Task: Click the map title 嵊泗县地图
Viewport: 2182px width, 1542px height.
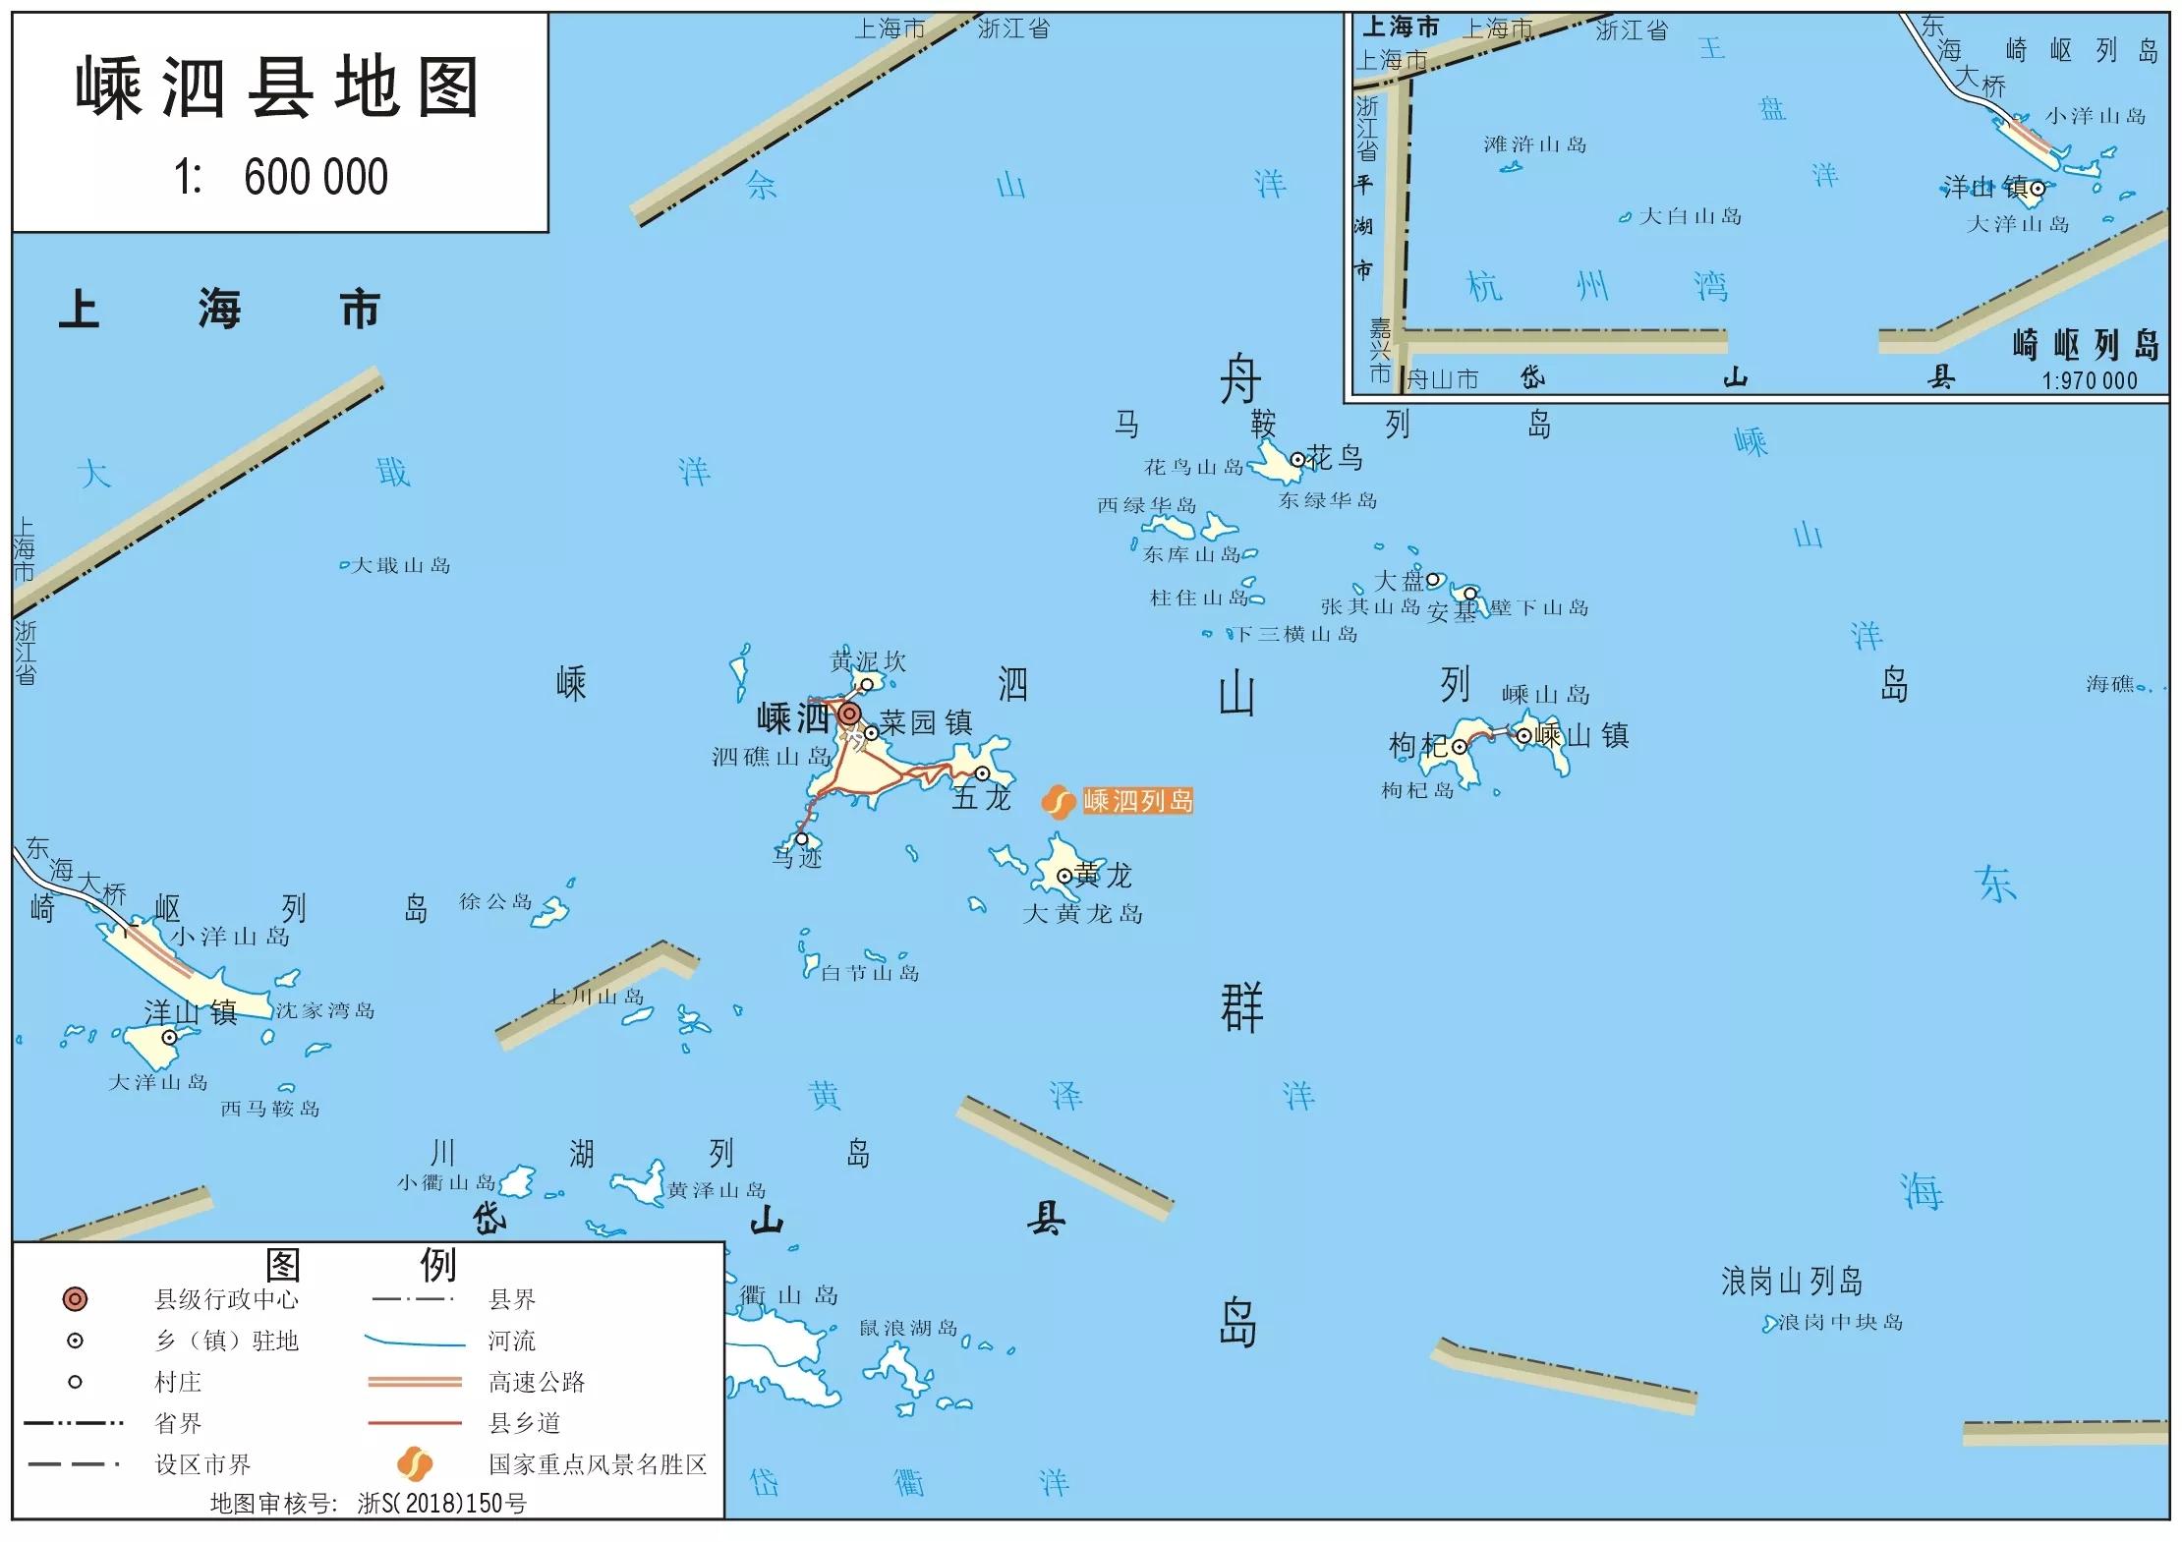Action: pos(278,88)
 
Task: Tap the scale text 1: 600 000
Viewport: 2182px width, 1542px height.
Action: pos(281,178)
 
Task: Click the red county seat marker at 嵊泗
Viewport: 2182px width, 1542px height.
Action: pos(849,714)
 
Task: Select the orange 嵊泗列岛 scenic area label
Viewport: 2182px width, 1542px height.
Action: pos(1137,801)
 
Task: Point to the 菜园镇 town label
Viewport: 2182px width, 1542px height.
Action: pos(925,723)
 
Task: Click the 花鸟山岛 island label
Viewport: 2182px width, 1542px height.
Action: pos(1193,467)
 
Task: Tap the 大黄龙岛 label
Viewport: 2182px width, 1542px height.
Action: pos(1082,914)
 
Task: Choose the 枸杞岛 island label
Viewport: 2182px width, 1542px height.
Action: pos(1417,790)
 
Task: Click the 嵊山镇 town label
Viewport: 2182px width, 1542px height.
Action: pos(1581,735)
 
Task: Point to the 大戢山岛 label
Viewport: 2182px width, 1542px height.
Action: pos(401,566)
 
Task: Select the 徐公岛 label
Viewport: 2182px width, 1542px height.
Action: pos(495,901)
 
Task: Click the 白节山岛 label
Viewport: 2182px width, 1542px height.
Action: pos(870,973)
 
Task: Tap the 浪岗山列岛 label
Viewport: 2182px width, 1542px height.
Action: pos(1791,1282)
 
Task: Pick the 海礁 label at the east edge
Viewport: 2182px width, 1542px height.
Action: pos(2109,684)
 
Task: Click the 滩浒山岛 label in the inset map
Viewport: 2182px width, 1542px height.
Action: pos(1534,145)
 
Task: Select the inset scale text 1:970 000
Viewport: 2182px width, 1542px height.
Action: pos(2089,381)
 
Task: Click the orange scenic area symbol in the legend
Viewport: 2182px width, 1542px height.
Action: pos(415,1464)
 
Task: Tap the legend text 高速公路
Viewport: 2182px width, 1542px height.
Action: pos(537,1383)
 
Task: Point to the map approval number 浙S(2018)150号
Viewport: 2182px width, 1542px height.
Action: pos(441,1504)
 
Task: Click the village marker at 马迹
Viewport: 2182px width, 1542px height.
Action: pos(801,839)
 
